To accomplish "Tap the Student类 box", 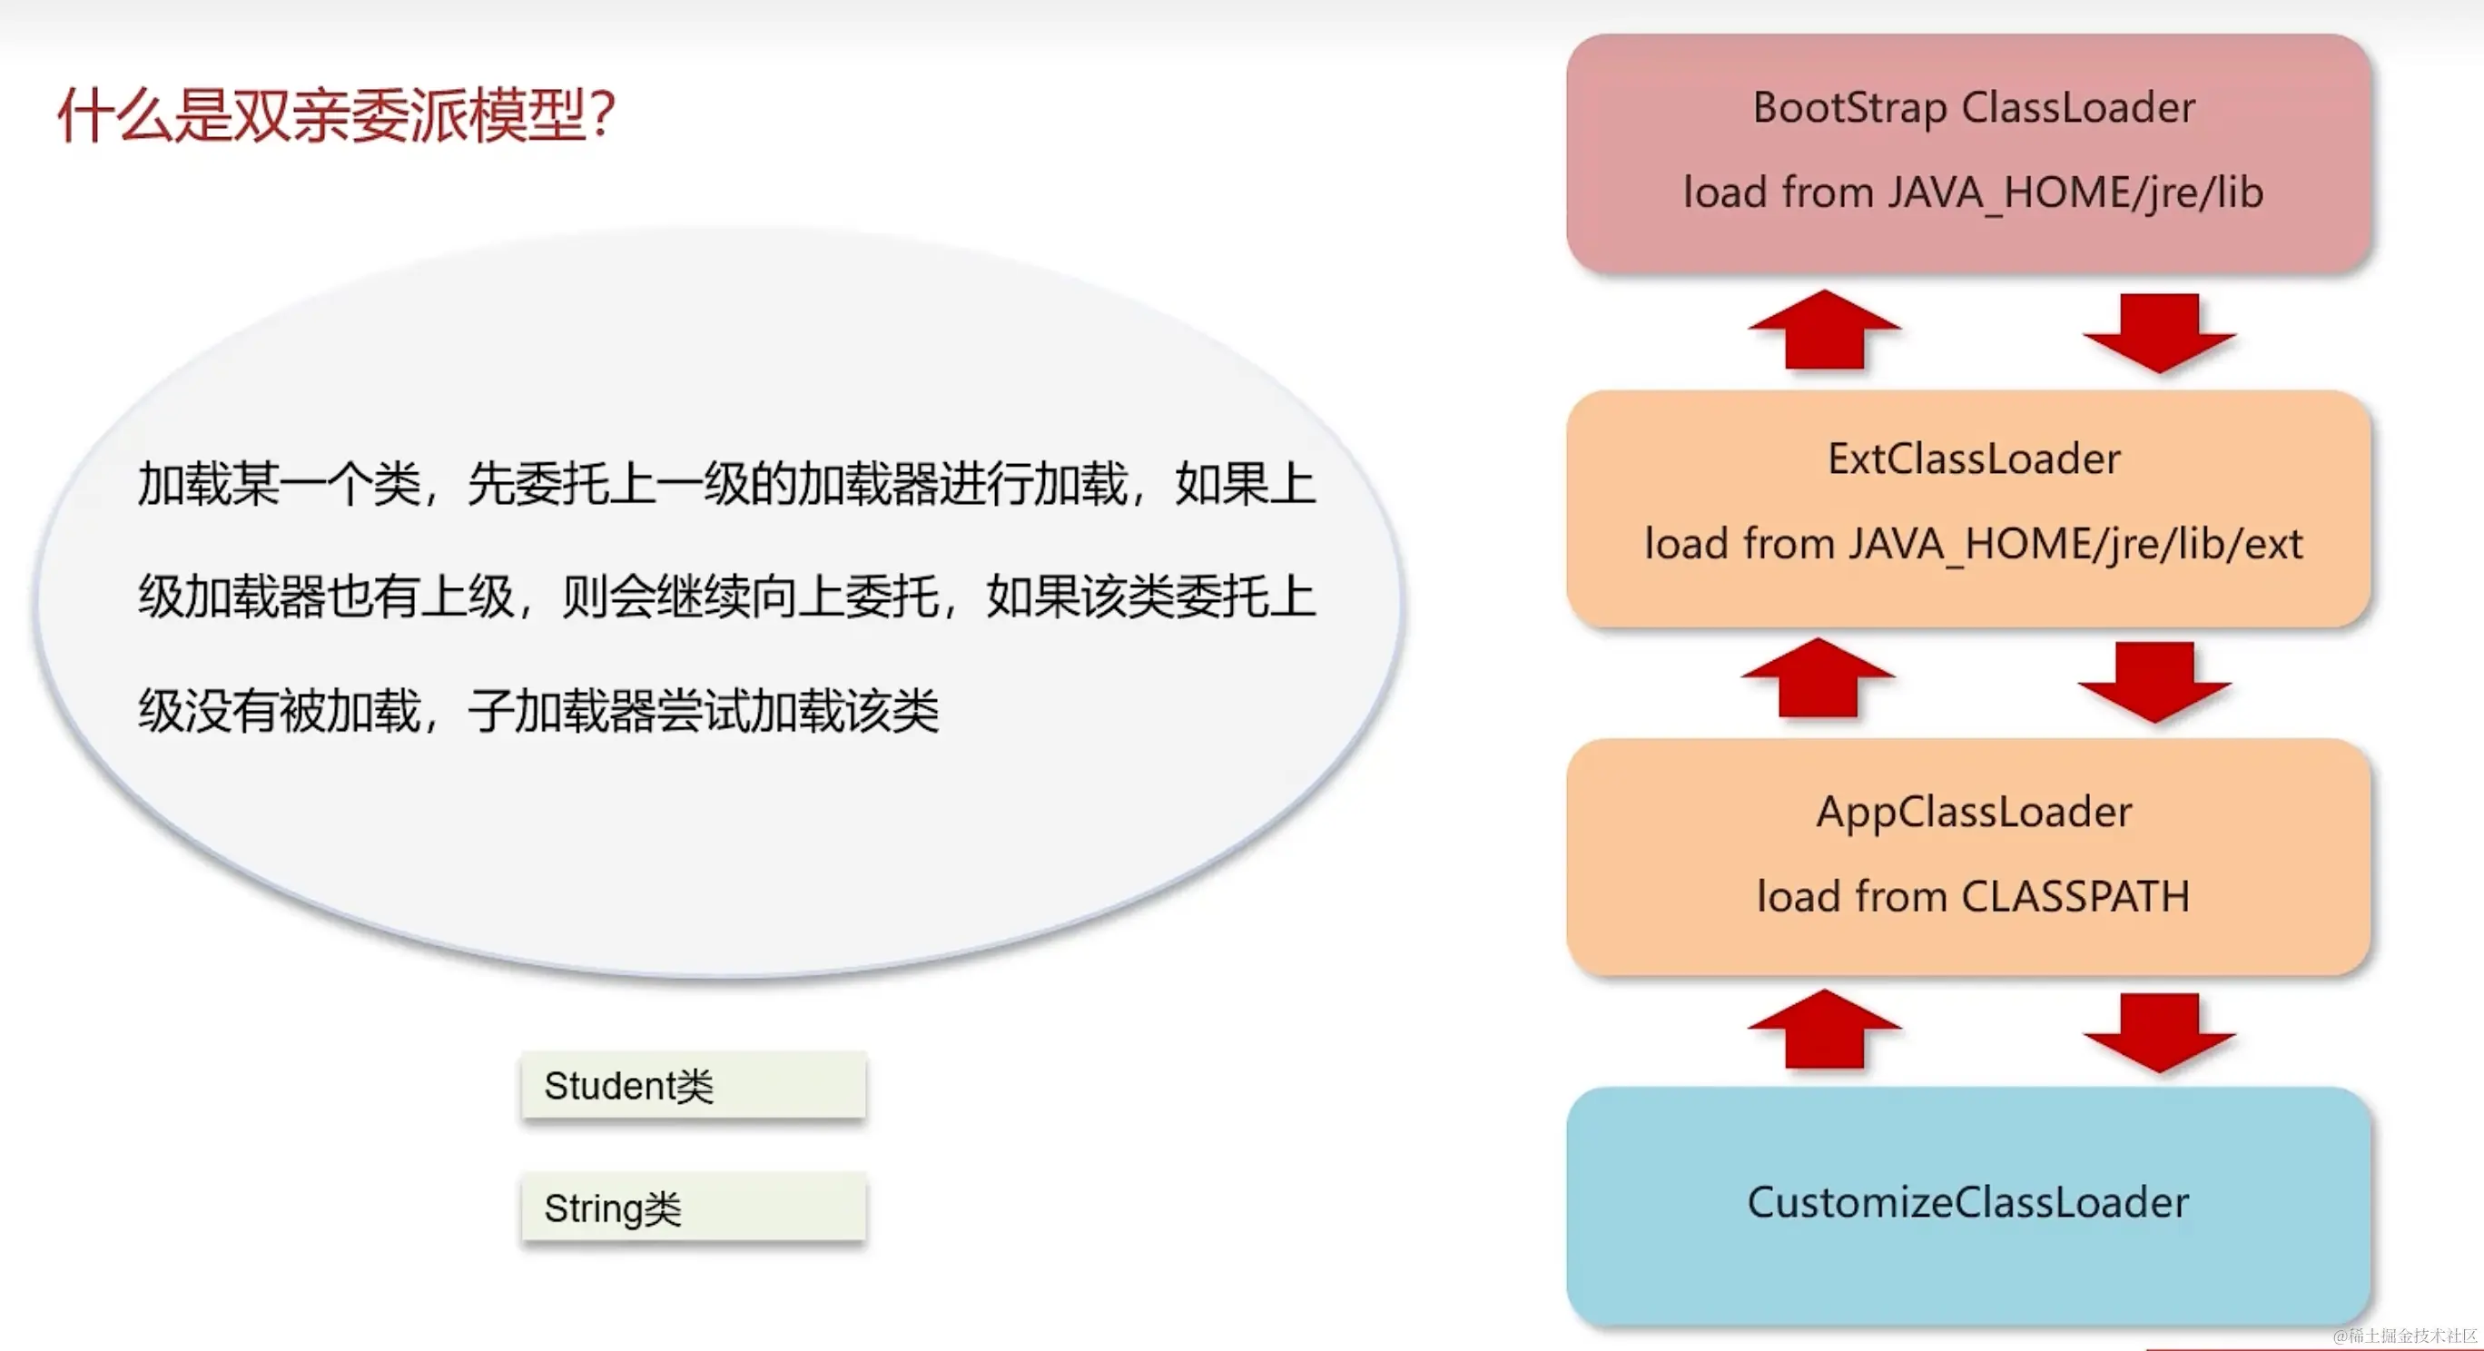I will tap(693, 1086).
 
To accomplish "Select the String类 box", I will tap(693, 1208).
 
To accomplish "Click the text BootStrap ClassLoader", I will tap(1973, 107).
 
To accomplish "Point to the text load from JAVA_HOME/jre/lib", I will tap(1973, 192).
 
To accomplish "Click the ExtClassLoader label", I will tap(1973, 459).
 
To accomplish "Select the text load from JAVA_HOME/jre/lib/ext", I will tap(1973, 545).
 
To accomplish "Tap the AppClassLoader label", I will tap(1973, 812).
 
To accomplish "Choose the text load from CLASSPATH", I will tap(1973, 897).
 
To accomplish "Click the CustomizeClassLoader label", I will tap(1967, 1202).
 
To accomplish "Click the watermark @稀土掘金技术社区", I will tap(2404, 1336).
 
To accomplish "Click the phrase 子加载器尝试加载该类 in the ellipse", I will tap(703, 712).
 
